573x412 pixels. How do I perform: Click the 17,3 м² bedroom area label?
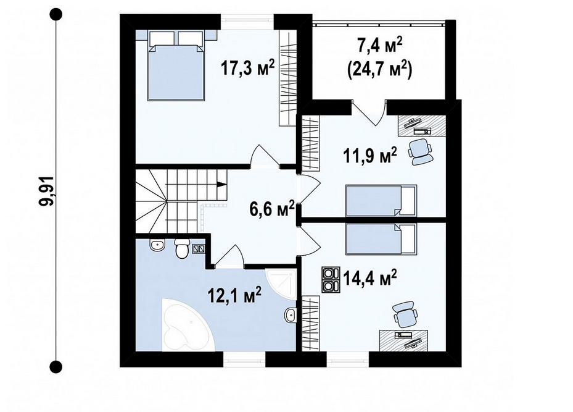click(247, 67)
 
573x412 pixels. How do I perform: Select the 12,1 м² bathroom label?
click(234, 295)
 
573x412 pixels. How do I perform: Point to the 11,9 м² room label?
click(369, 156)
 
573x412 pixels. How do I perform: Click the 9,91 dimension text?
click(47, 191)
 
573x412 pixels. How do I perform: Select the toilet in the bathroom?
click(181, 248)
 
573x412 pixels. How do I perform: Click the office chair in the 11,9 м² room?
click(420, 151)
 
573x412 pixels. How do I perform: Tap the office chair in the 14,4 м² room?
click(405, 314)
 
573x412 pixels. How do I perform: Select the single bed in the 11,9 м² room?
click(381, 201)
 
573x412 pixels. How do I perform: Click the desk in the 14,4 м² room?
click(404, 340)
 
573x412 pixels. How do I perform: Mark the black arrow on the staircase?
click(221, 185)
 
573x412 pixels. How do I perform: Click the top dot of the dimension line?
click(56, 15)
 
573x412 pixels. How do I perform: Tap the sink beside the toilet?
click(158, 245)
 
